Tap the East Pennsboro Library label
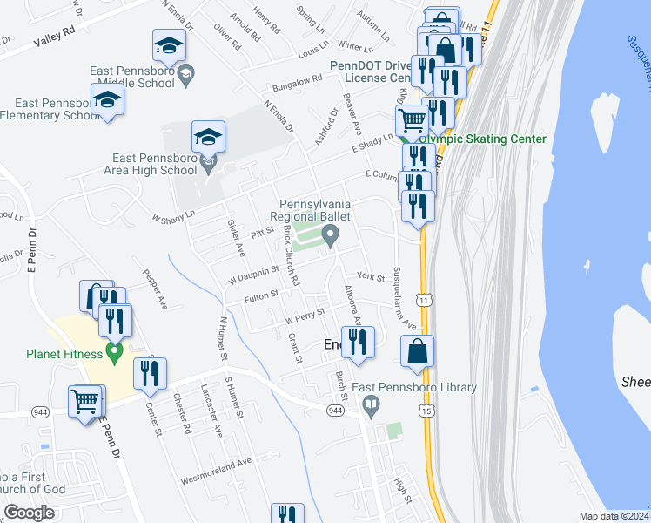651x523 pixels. click(x=426, y=388)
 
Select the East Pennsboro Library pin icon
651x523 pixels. click(x=372, y=404)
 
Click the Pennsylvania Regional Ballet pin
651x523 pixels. click(x=330, y=234)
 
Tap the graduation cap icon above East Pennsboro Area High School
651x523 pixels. click(x=208, y=138)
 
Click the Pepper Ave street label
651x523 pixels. click(x=155, y=290)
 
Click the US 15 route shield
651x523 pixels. click(x=425, y=409)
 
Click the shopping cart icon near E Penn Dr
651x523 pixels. click(x=86, y=402)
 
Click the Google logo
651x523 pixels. click(x=29, y=513)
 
